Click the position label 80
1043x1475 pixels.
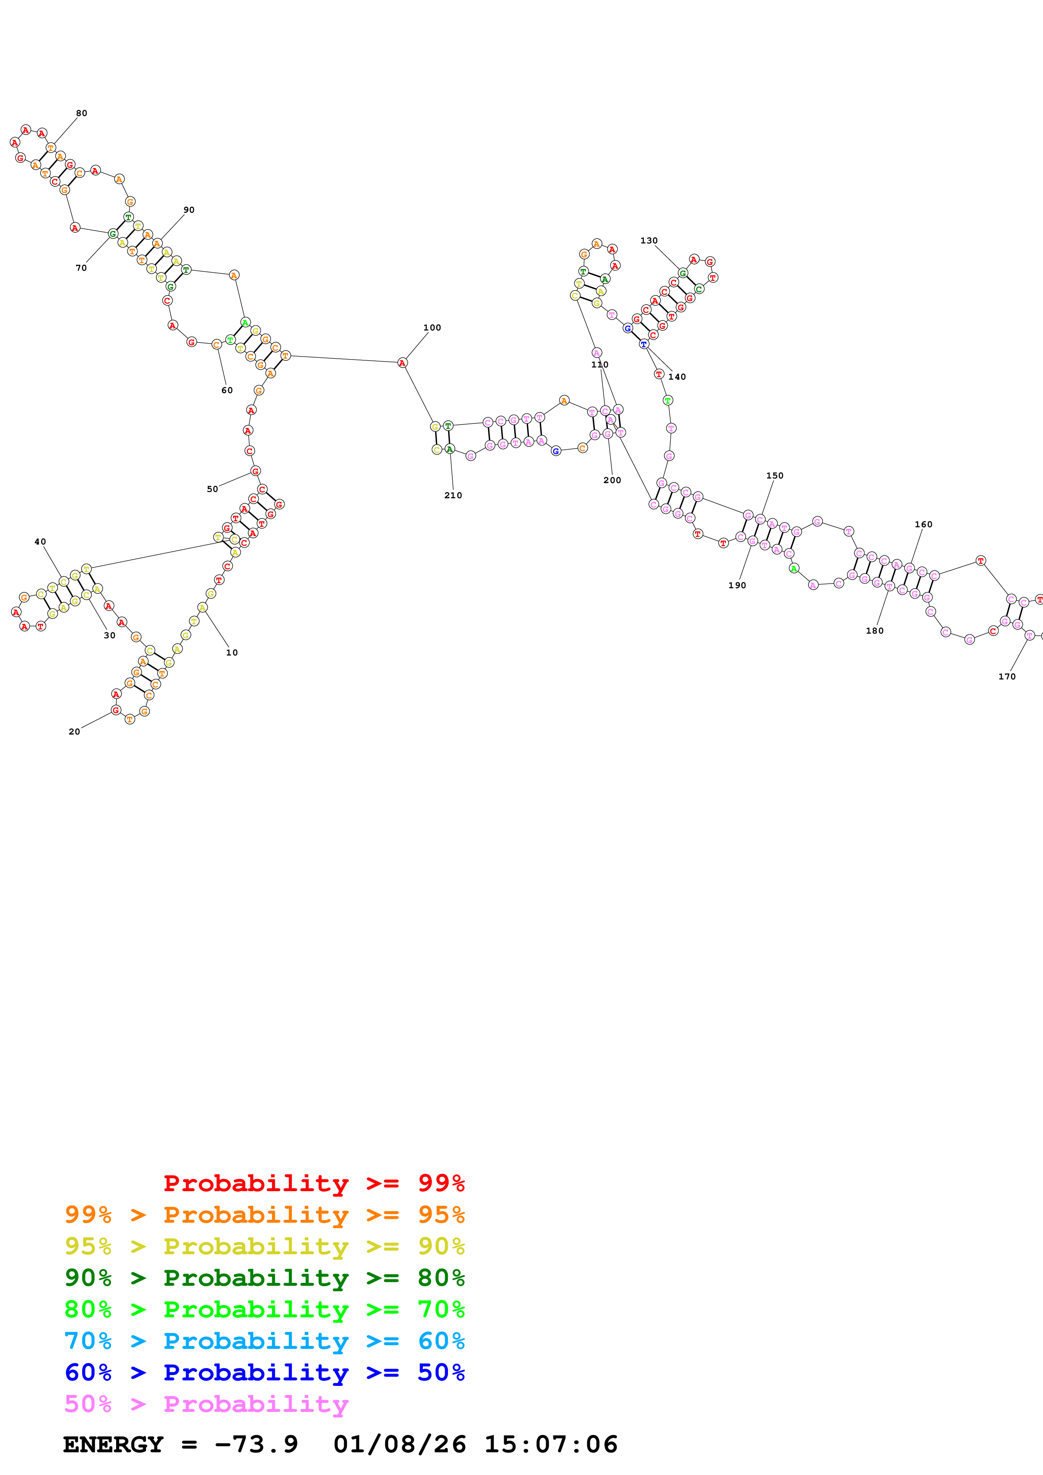[x=82, y=114]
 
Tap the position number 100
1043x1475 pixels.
[x=432, y=328]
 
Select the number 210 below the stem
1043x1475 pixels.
[x=453, y=495]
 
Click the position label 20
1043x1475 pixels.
[x=74, y=732]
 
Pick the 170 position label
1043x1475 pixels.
[x=1006, y=677]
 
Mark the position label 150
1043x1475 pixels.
[x=775, y=476]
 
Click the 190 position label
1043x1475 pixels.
[x=737, y=585]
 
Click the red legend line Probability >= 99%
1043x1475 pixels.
[x=313, y=1183]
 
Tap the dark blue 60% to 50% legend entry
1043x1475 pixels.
[x=264, y=1372]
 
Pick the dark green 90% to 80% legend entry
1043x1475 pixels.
[x=264, y=1278]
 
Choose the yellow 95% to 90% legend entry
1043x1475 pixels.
[x=264, y=1246]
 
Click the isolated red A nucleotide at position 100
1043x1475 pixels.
[x=402, y=363]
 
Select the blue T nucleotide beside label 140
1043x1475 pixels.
[x=643, y=344]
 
